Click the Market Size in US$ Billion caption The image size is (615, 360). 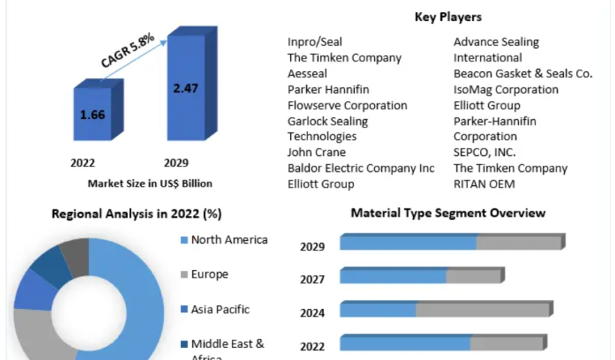(x=150, y=182)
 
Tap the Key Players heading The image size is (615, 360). (x=448, y=16)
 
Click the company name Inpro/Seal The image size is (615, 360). (x=315, y=42)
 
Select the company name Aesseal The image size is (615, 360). (x=307, y=73)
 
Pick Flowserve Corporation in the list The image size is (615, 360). (x=347, y=105)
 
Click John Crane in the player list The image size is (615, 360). (x=316, y=152)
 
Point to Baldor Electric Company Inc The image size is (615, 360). (x=361, y=168)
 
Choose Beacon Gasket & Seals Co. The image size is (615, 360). (x=523, y=73)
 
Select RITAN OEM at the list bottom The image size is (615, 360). (x=484, y=184)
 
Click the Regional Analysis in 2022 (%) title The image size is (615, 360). (x=136, y=214)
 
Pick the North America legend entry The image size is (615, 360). (x=229, y=240)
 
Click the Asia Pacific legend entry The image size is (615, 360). (x=220, y=309)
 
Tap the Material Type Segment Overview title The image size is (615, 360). (x=448, y=213)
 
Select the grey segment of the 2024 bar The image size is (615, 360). (x=483, y=310)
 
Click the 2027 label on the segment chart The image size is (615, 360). (x=312, y=280)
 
